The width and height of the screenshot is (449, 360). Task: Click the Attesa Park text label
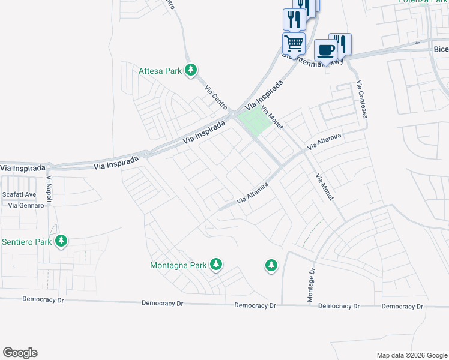[160, 71]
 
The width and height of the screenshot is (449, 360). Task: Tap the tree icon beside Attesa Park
[191, 71]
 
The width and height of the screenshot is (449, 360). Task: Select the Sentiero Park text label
[27, 242]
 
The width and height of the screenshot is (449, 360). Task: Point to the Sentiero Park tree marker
[61, 241]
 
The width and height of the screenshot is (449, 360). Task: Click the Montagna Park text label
[178, 265]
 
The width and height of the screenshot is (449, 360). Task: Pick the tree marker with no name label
[271, 265]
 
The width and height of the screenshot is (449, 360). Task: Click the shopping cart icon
[294, 43]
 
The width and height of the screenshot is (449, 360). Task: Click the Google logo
[20, 353]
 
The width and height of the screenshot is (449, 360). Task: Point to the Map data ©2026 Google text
[411, 355]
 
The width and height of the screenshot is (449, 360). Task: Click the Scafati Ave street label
[19, 194]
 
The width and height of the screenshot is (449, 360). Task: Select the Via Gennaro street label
[26, 205]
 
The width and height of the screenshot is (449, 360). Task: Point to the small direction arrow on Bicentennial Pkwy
[417, 43]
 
